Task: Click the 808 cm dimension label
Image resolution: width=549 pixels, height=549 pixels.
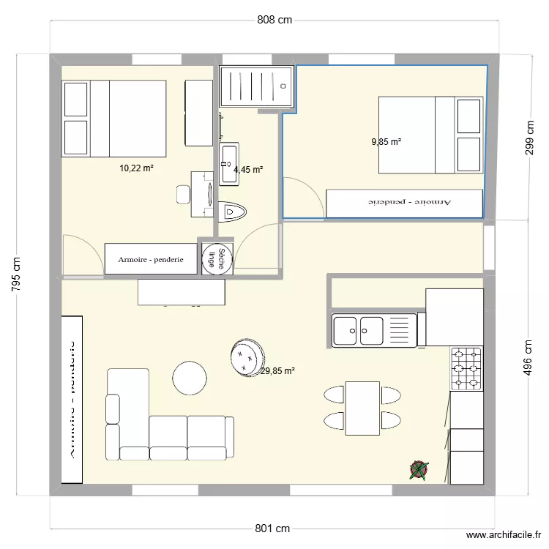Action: (x=274, y=20)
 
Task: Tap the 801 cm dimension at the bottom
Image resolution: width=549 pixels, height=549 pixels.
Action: (x=274, y=529)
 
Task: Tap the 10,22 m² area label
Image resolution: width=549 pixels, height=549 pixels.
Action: (x=136, y=168)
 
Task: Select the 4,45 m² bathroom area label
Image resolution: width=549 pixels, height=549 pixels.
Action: (x=247, y=170)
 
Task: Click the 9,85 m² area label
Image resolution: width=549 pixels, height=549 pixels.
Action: (x=386, y=141)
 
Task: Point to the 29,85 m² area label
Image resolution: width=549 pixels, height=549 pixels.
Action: (x=277, y=371)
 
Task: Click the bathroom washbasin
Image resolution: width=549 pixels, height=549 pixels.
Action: (x=228, y=163)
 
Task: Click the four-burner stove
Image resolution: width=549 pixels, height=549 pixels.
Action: (x=466, y=369)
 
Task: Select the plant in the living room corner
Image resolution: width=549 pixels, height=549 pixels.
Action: (x=419, y=470)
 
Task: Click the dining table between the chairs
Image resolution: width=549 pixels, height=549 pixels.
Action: (x=362, y=408)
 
